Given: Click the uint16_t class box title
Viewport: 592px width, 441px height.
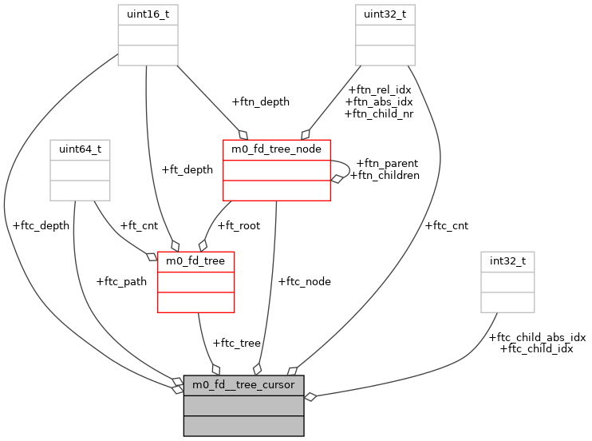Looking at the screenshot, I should pos(148,14).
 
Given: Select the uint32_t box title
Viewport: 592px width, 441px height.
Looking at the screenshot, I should pos(385,14).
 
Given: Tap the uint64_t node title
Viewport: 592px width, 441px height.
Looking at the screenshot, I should pos(80,149).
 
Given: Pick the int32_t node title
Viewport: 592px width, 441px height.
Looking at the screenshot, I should pos(507,261).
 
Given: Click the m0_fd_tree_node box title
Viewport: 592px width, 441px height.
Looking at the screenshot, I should pos(276,149).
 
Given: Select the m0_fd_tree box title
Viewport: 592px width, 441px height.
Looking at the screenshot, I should pos(195,261).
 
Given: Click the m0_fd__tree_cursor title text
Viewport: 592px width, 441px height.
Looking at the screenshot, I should pos(243,385).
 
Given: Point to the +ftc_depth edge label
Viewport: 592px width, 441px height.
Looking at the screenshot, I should pos(41,225).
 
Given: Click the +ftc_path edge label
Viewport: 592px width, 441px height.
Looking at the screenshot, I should pos(121,281).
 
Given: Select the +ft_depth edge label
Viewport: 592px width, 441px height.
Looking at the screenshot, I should pos(187,169).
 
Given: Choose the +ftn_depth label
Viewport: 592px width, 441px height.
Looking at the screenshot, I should pos(260,101).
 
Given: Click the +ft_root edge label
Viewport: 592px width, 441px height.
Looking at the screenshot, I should pos(239,225).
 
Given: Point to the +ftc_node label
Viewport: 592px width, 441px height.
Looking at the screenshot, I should pos(304,281).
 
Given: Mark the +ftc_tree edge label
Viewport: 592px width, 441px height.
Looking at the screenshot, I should pos(236,343).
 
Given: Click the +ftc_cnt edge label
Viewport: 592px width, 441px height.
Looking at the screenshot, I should pos(447,225).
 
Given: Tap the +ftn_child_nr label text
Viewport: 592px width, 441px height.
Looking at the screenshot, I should pos(378,113).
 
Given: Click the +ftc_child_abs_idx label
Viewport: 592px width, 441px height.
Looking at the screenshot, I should pos(537,337).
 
